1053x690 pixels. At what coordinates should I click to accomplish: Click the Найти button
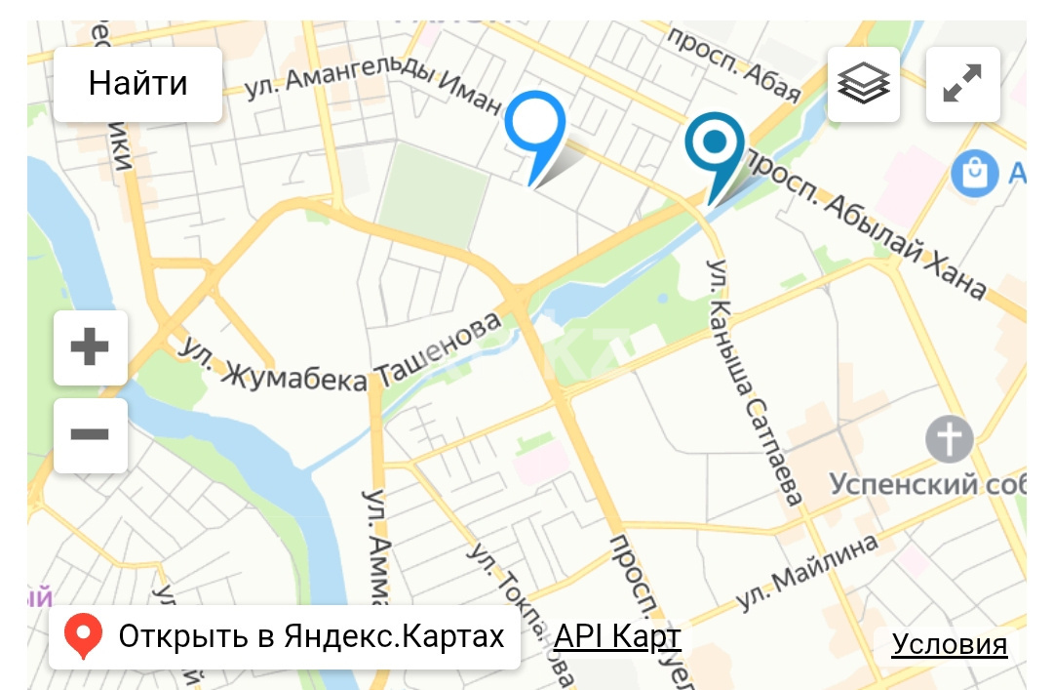pos(137,83)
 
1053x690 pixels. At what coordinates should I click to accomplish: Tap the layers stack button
pos(864,84)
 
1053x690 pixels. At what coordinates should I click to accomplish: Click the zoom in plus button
pos(90,347)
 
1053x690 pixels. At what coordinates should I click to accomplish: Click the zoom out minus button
pos(90,435)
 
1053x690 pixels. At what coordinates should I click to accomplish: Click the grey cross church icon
pos(949,438)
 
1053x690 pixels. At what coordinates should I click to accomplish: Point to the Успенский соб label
pos(926,483)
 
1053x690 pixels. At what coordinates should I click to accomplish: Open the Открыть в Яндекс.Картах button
pos(284,637)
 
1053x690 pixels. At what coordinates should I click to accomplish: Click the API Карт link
pos(616,637)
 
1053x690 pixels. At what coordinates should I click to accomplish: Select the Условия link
pos(949,644)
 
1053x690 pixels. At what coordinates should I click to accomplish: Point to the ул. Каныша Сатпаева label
pos(757,381)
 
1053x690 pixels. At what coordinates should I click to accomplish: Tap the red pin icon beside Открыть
pos(84,637)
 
